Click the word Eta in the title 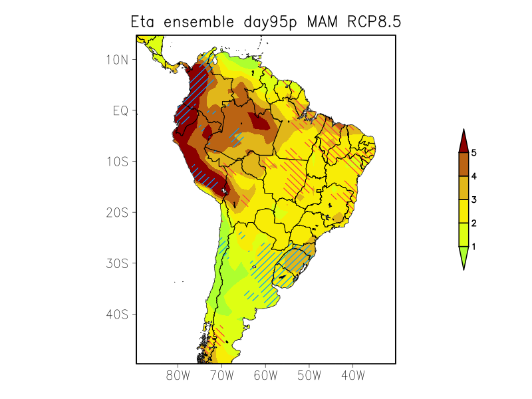[x=144, y=22]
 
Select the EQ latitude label [x=120, y=110]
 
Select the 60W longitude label [x=265, y=376]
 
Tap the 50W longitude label [x=309, y=376]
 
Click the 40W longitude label [x=352, y=376]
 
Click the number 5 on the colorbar [x=473, y=153]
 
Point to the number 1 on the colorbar [x=473, y=247]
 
